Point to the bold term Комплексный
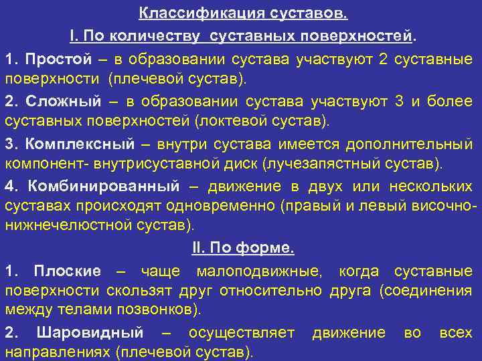(x=80, y=144)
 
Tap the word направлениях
(x=58, y=352)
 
